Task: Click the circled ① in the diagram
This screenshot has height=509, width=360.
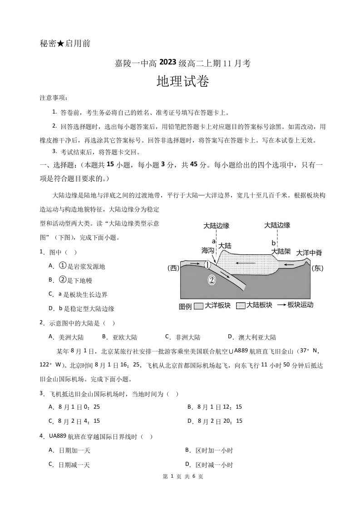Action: (x=207, y=265)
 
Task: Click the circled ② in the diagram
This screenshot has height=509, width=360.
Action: (x=212, y=280)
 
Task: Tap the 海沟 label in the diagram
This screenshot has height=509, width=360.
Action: (x=208, y=250)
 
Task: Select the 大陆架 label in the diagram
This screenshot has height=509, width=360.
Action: (x=281, y=251)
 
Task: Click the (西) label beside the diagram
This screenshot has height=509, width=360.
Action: (x=173, y=268)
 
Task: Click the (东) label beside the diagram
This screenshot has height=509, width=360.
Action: (x=317, y=268)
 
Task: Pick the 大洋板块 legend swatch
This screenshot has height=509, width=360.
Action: (x=198, y=306)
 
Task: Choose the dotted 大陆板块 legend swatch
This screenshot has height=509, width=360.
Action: (x=241, y=306)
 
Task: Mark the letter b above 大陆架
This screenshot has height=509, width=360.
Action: (x=273, y=243)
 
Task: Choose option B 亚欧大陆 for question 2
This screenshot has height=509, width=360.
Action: (x=120, y=337)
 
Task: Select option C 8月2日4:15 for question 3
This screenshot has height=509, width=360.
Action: (x=74, y=421)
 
